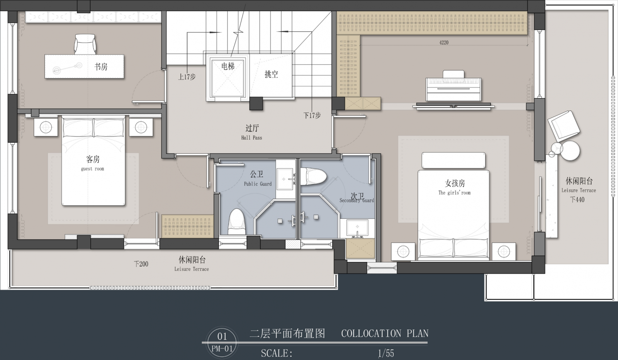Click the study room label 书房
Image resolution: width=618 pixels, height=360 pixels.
(101, 66)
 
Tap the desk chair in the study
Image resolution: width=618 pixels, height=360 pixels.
(85, 44)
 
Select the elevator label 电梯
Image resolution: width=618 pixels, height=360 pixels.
(228, 66)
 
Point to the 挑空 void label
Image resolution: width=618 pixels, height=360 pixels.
(271, 74)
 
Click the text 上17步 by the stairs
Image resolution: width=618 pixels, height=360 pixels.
(187, 77)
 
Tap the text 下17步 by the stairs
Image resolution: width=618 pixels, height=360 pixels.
(312, 115)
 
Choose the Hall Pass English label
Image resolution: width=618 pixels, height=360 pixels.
(251, 138)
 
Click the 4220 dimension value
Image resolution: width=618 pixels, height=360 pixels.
(444, 42)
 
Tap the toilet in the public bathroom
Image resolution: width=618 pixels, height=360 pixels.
(237, 221)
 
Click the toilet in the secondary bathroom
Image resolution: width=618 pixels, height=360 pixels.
(313, 177)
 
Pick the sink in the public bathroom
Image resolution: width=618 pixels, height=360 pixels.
(285, 179)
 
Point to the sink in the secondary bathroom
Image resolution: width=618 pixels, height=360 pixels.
(357, 228)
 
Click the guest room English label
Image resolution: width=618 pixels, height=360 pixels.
(92, 169)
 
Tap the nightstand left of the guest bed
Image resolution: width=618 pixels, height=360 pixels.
(46, 127)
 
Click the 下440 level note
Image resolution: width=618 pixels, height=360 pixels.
(577, 199)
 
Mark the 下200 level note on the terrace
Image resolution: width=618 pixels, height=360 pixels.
(141, 264)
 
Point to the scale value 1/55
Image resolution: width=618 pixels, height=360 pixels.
(386, 353)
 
